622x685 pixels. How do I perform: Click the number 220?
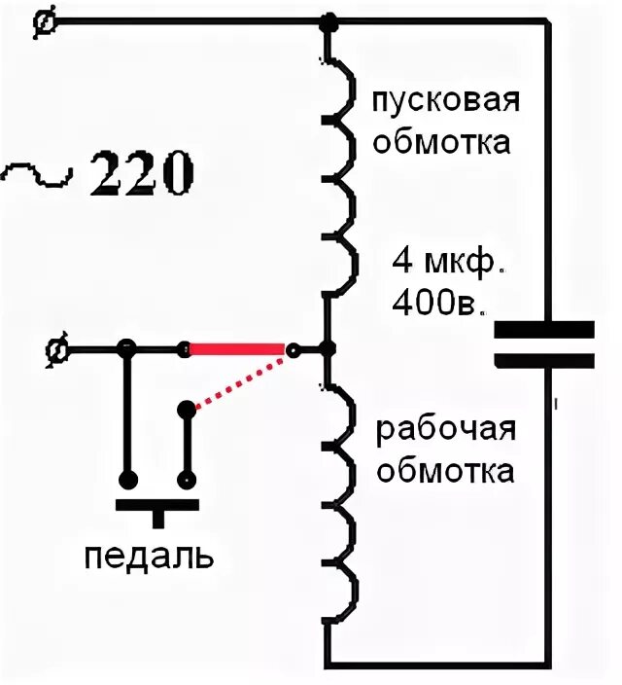click(x=142, y=174)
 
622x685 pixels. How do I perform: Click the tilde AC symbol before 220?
click(x=37, y=175)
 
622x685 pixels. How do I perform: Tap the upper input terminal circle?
click(x=43, y=21)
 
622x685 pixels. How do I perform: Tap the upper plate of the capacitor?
click(x=543, y=329)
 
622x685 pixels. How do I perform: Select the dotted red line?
click(x=241, y=380)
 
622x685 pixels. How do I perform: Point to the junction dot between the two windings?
click(x=328, y=348)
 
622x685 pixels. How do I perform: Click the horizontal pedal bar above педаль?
click(x=156, y=505)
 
